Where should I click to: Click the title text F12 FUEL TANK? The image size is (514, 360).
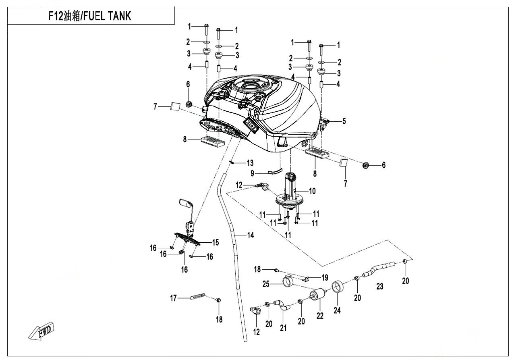pos(90,17)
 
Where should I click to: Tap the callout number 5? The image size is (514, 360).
pos(344,121)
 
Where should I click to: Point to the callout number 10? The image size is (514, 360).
pos(313,191)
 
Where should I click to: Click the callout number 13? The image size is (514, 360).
pos(250,163)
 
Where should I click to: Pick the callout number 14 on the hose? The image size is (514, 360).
pos(251,235)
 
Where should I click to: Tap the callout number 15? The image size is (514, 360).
pos(216,242)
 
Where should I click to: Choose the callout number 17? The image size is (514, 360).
pos(173,298)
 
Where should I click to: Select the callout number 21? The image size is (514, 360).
pos(284,328)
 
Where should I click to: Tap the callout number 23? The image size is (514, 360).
pos(379,287)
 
